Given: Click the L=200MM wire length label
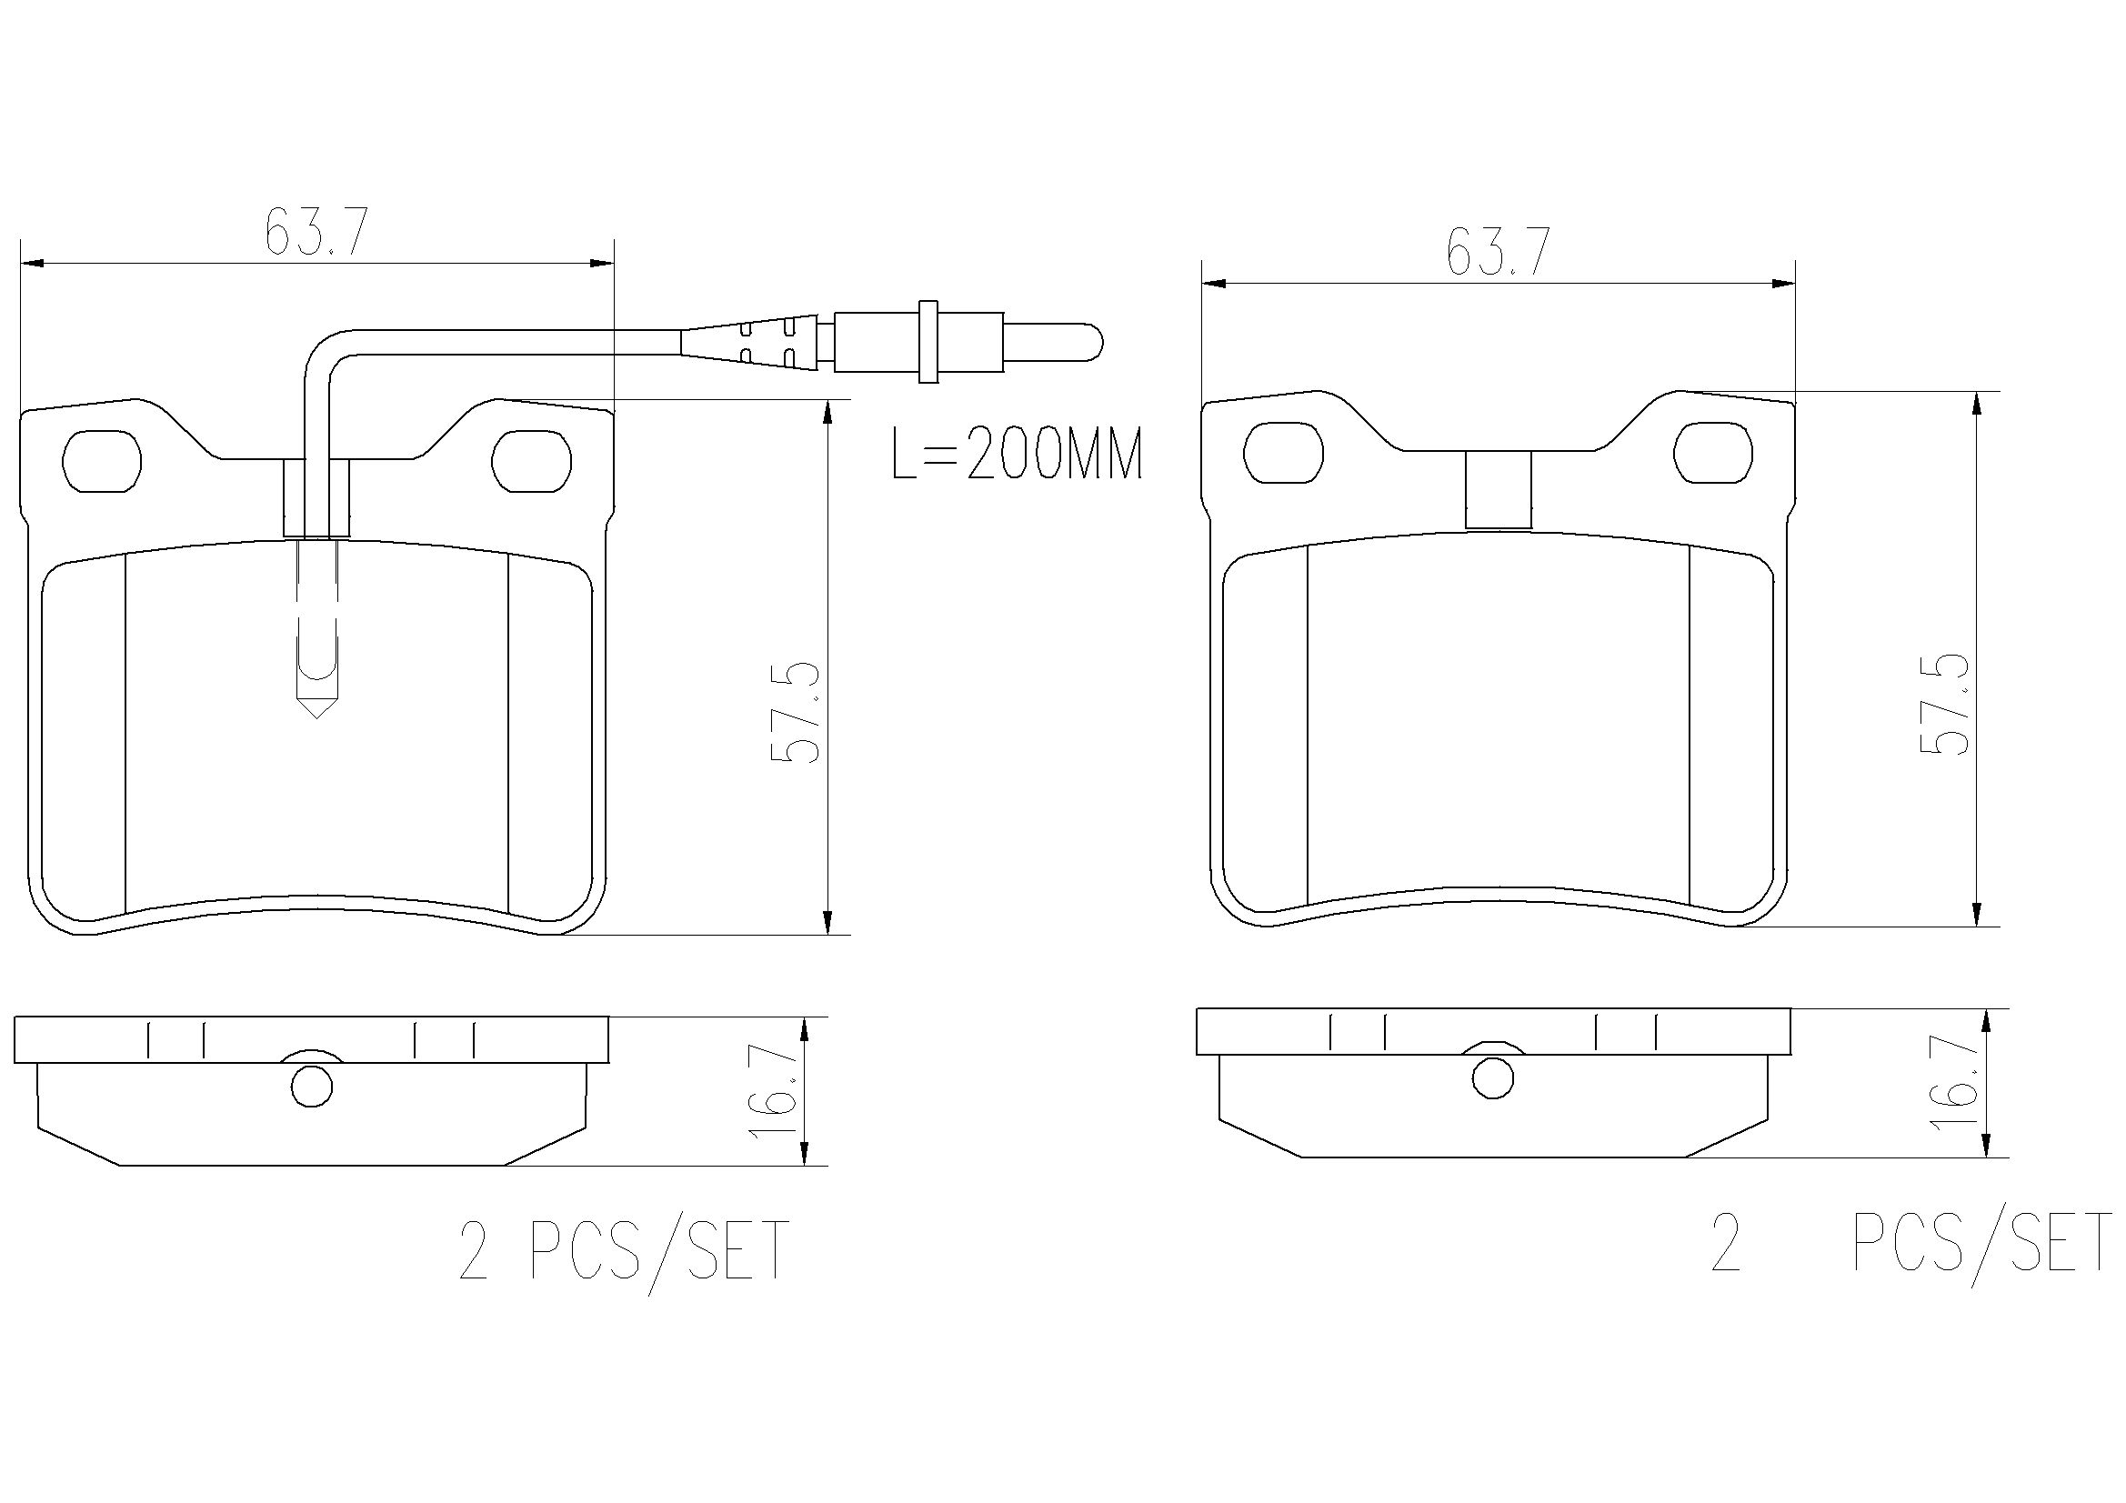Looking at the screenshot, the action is [1017, 453].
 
